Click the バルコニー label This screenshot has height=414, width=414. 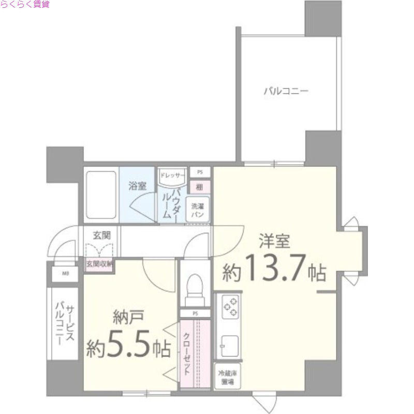286,92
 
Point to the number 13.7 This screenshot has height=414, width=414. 273,269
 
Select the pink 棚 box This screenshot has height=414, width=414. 199,187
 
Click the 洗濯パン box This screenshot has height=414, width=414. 199,209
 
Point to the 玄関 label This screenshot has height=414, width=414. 101,234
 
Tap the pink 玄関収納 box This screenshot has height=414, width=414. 99,263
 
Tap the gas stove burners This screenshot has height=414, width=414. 229,307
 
